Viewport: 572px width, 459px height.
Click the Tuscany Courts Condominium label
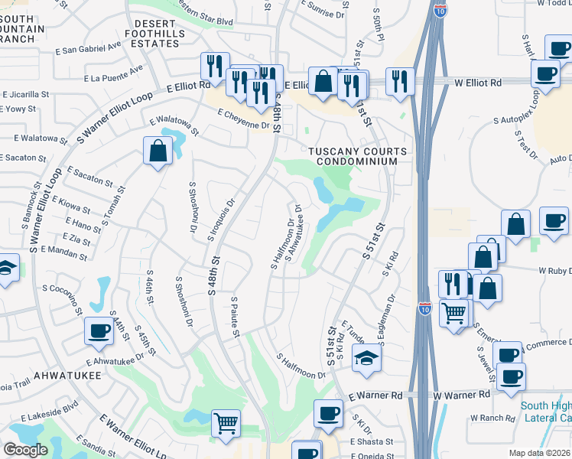(x=353, y=156)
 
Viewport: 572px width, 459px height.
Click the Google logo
(x=25, y=450)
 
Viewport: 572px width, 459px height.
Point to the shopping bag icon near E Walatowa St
(x=158, y=150)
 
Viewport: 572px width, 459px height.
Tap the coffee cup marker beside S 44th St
(x=99, y=331)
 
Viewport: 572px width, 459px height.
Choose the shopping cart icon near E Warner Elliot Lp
(x=226, y=422)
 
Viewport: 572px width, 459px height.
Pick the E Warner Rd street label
(x=375, y=396)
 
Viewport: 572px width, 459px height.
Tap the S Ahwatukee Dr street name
(x=294, y=232)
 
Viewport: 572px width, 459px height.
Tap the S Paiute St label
(x=235, y=316)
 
